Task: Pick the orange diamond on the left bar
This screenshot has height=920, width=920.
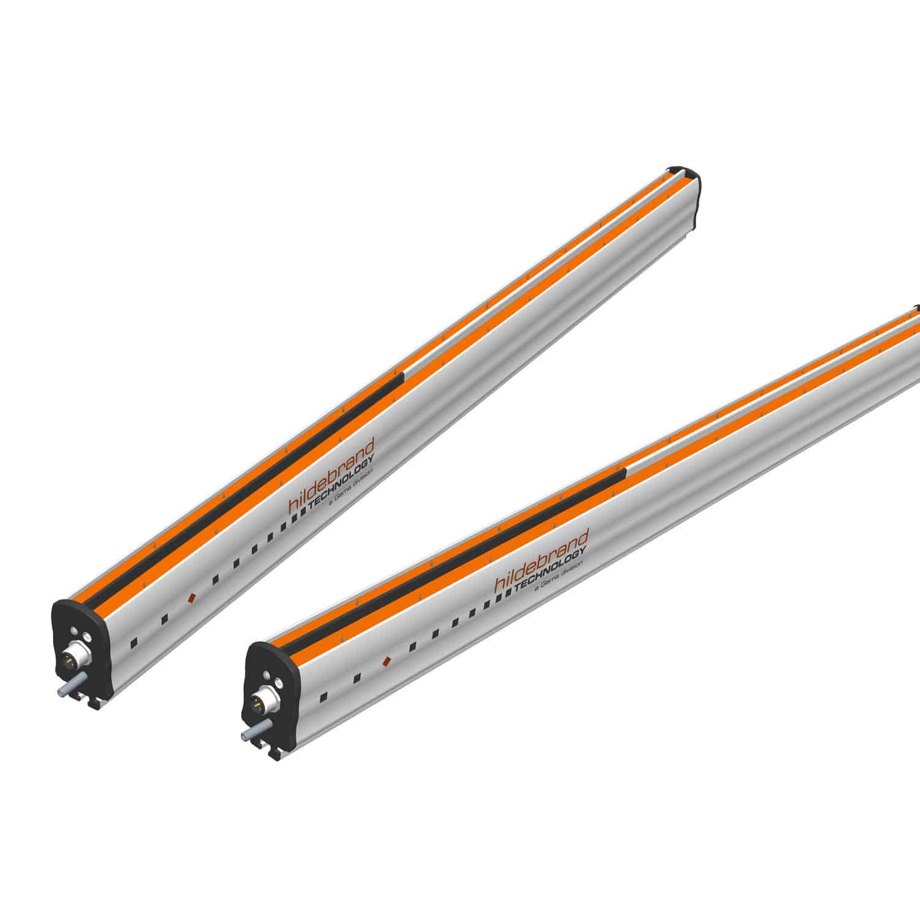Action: (191, 596)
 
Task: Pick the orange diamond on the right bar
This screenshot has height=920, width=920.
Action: (386, 661)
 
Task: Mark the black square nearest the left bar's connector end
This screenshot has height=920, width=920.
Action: (134, 642)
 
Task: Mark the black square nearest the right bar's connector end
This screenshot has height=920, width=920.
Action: (323, 696)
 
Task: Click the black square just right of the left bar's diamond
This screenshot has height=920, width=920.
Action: (215, 579)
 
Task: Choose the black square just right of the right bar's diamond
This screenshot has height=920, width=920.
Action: (413, 646)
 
